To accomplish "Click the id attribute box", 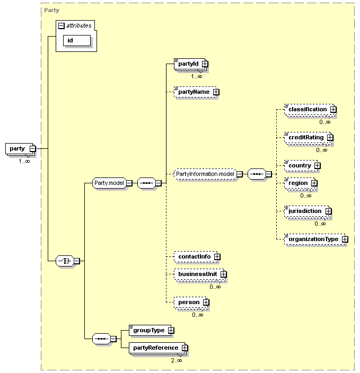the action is (x=77, y=40).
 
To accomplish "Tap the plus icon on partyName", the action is (x=216, y=92).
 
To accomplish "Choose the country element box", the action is (x=301, y=165).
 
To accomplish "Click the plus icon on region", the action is (x=314, y=183).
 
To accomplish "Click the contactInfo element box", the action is (x=196, y=256).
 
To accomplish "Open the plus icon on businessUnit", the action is (x=223, y=274).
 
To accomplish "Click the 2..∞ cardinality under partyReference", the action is (x=177, y=361).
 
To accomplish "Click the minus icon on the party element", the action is (x=33, y=149).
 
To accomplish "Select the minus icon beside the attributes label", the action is (x=62, y=25).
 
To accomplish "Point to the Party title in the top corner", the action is (x=51, y=10).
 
